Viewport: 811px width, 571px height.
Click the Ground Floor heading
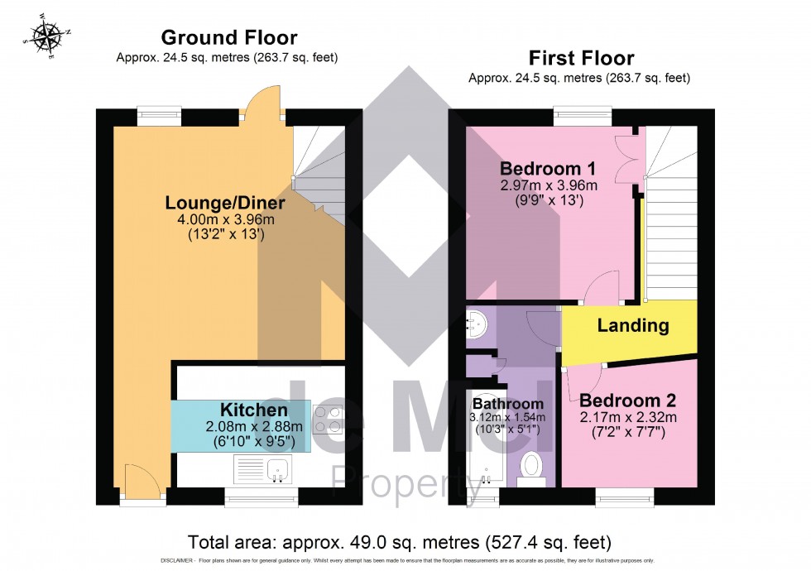click(229, 37)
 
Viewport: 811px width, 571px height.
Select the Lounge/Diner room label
click(225, 203)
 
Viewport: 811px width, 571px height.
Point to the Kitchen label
click(253, 410)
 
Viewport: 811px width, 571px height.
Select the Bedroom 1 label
click(548, 170)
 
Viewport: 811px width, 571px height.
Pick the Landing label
click(633, 325)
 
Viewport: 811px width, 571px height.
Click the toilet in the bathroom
click(533, 467)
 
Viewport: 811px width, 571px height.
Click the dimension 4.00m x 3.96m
click(225, 219)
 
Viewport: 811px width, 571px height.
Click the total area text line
click(400, 543)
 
